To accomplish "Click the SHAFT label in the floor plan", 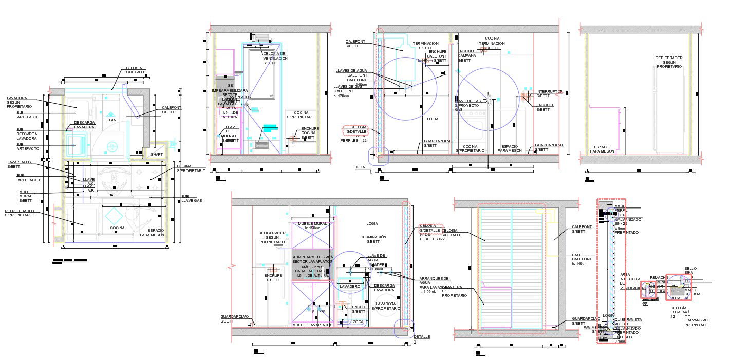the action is coord(155,154).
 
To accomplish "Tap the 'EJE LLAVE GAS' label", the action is coord(192,198).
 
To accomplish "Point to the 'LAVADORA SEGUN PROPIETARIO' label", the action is coord(20,102).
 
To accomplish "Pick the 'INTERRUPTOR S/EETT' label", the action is coord(549,93).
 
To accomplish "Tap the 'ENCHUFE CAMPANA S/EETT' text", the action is coord(466,55).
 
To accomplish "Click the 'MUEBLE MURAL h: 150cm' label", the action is coord(312,226).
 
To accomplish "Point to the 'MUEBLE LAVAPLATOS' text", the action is coord(310,325).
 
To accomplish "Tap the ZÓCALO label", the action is coord(361,321).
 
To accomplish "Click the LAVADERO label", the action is coord(349,286).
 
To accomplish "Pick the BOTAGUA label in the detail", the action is coord(680,298).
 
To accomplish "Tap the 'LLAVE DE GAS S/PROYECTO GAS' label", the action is coord(467,105).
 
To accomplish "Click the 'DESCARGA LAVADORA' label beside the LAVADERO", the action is coord(384,288).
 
